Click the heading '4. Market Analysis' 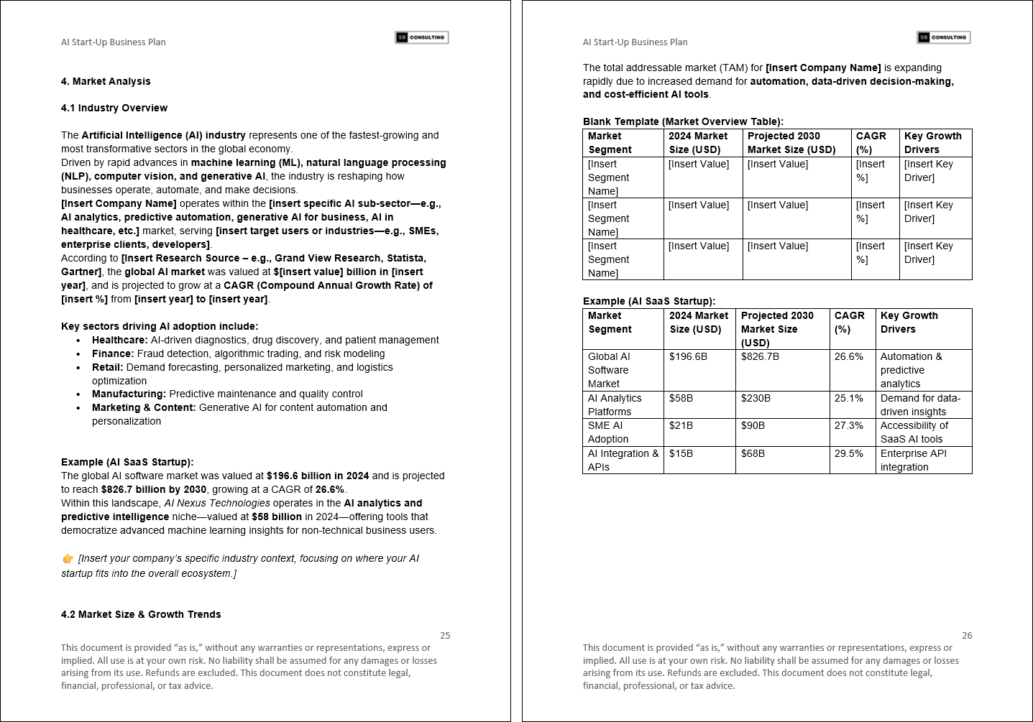coord(106,81)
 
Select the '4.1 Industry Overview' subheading coord(114,108)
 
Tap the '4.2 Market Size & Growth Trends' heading coord(141,614)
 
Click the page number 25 coord(445,635)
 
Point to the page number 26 coord(967,635)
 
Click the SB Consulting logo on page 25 coord(422,37)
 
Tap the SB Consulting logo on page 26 coord(943,37)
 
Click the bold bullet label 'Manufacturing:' coord(129,394)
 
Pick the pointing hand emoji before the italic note coord(68,559)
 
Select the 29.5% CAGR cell coord(848,453)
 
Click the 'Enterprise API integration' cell coord(913,460)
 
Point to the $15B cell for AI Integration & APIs coord(681,453)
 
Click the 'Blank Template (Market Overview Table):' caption coord(683,121)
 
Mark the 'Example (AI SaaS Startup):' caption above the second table coord(648,301)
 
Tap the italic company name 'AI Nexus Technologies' coord(217,503)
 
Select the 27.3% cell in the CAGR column coord(848,425)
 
